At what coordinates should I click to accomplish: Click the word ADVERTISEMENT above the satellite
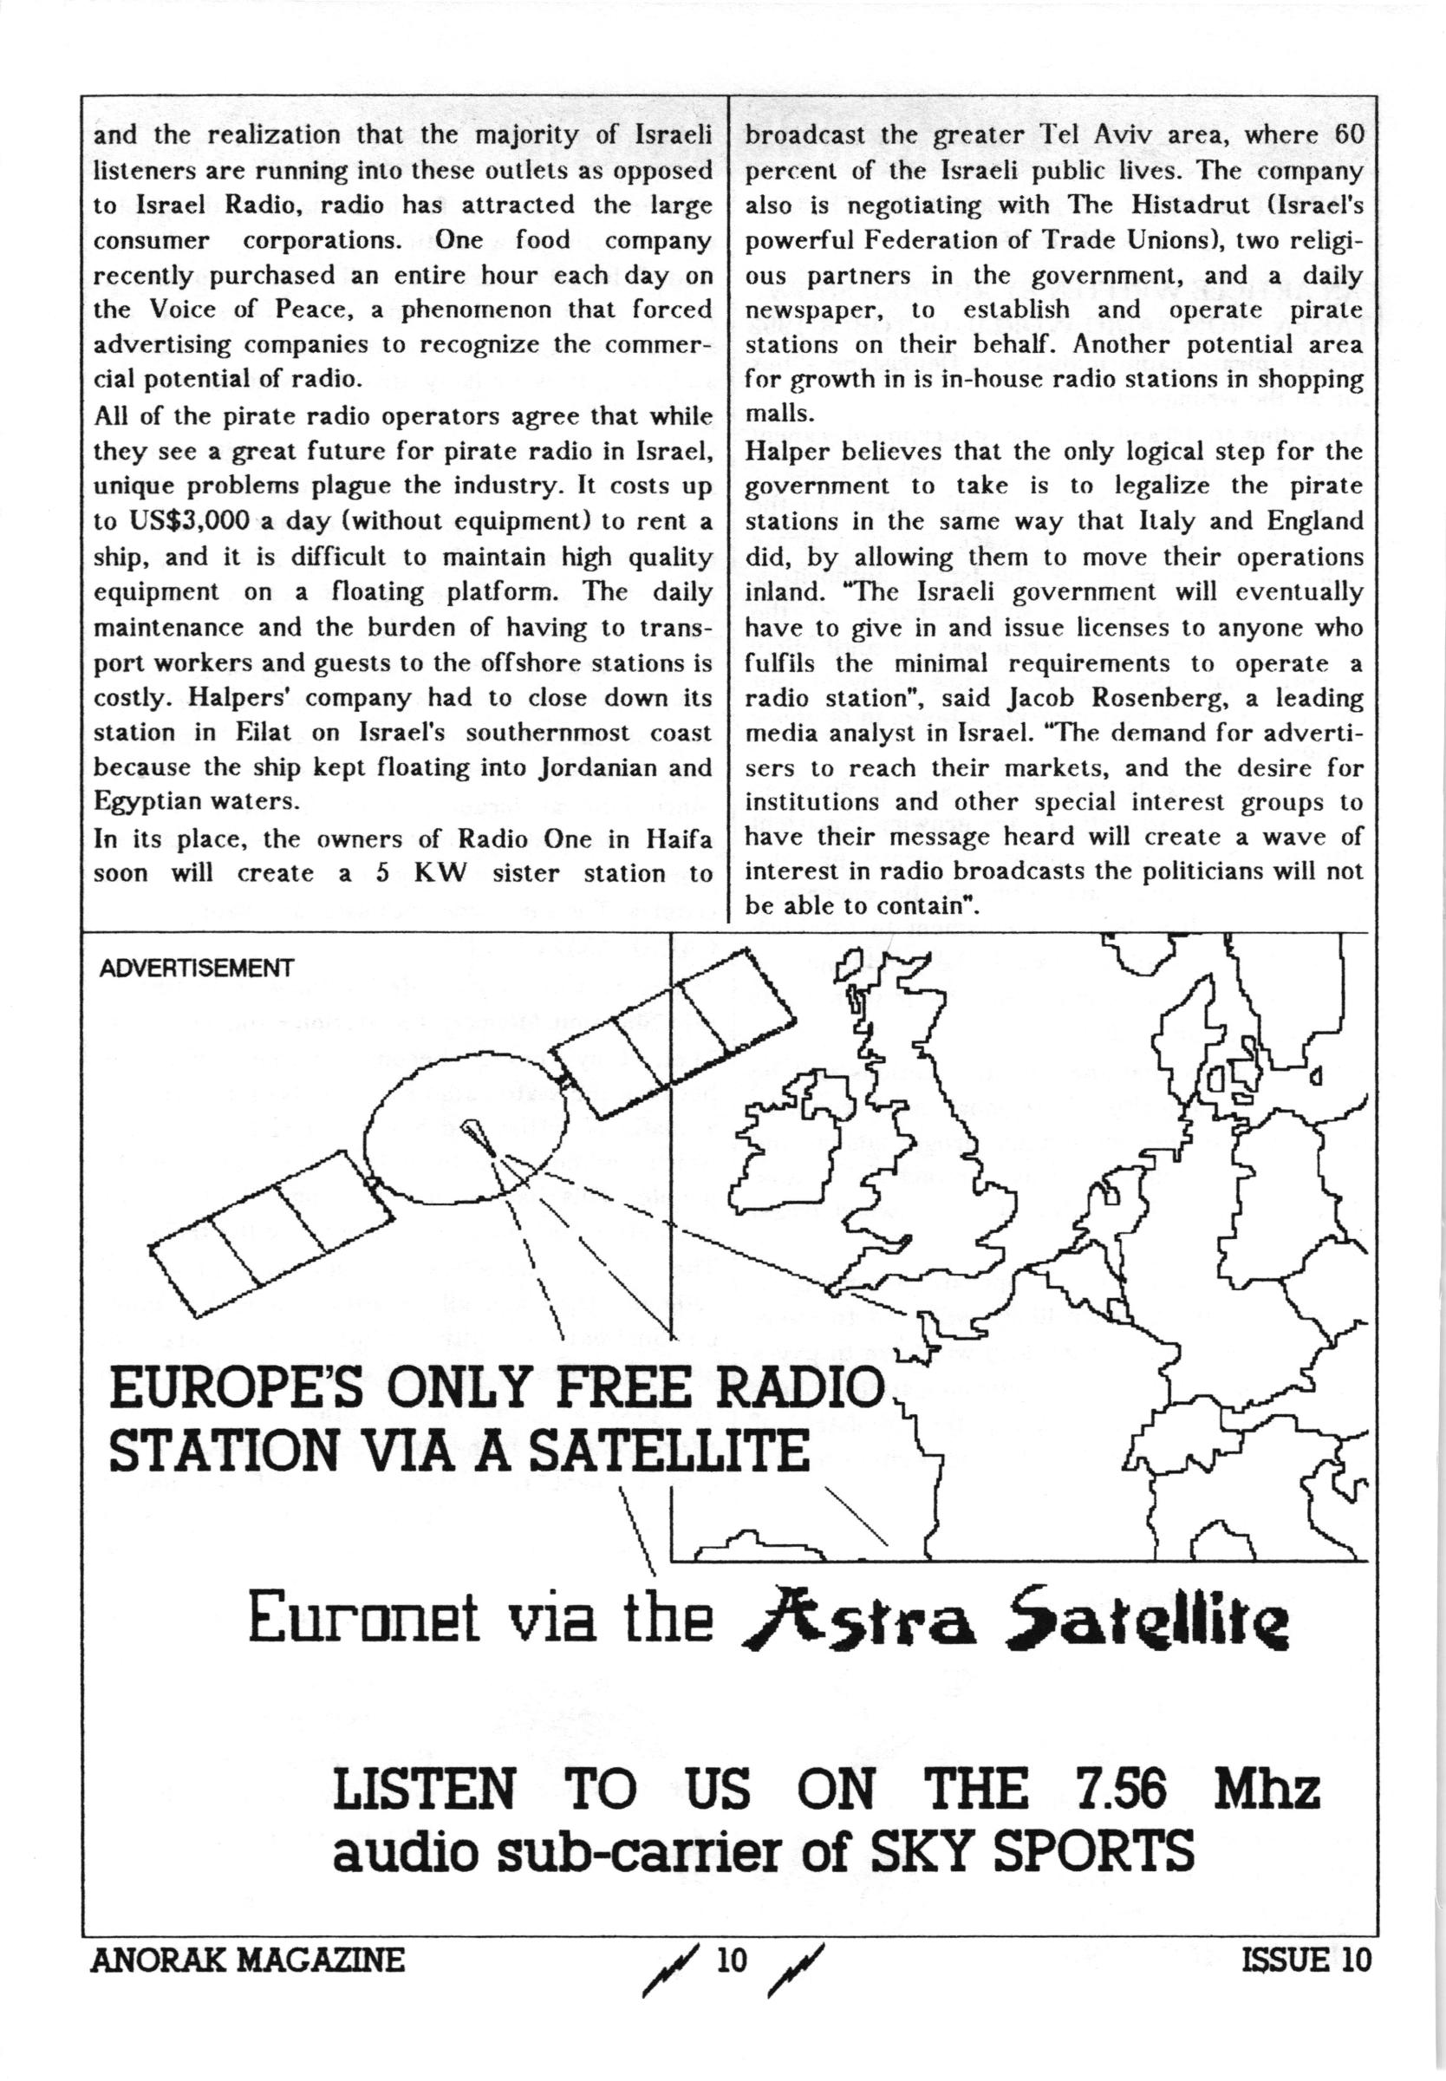click(x=196, y=968)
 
